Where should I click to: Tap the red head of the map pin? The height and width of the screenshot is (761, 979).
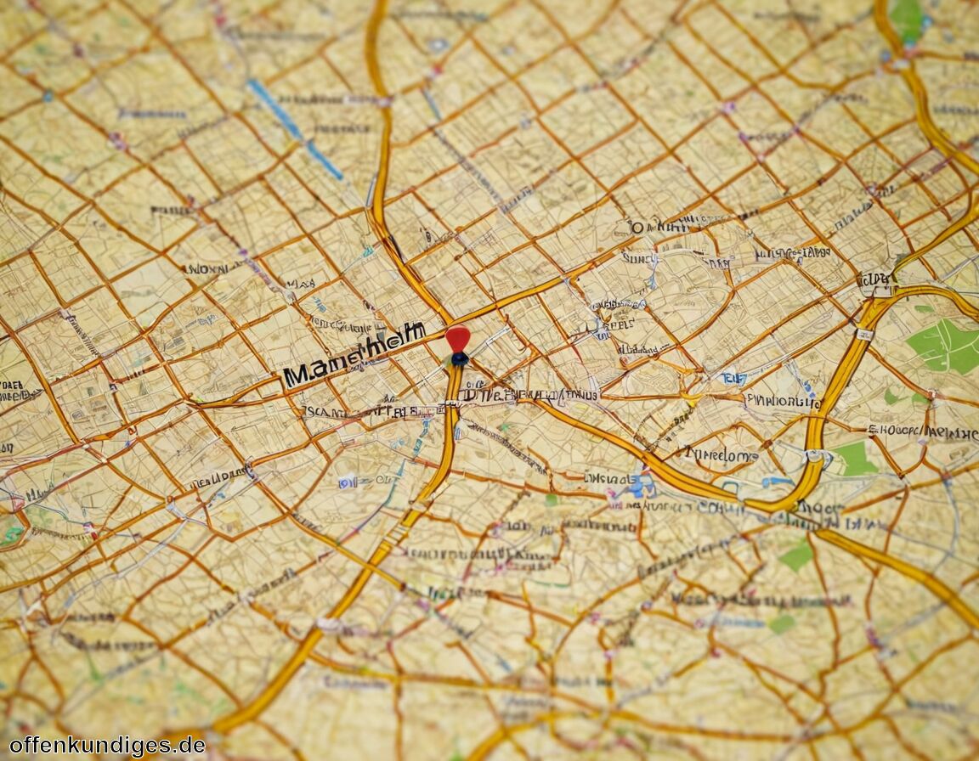(x=457, y=337)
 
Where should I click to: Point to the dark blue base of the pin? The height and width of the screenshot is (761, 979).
(x=459, y=359)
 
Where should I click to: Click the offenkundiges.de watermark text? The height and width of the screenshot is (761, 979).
(x=107, y=745)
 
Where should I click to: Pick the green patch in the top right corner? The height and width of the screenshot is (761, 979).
(x=907, y=17)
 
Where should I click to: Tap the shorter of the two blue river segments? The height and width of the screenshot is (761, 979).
(x=325, y=160)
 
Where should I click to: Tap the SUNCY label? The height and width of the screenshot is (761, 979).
(x=638, y=256)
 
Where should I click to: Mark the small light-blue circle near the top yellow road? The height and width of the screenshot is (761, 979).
(x=438, y=44)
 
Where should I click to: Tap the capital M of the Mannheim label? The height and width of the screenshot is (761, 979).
(x=297, y=375)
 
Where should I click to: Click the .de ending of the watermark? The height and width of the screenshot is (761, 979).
(x=189, y=745)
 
